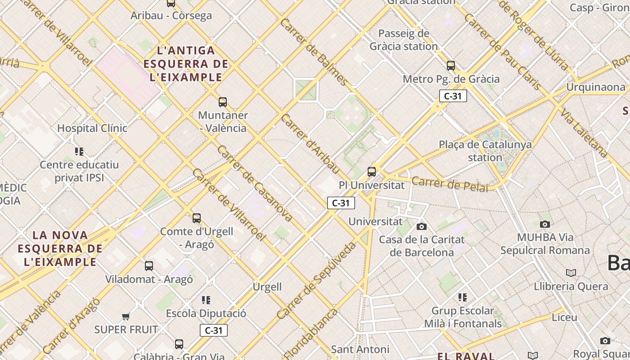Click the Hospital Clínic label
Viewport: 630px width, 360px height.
pyautogui.click(x=92, y=128)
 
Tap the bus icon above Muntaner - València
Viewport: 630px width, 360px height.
pyautogui.click(x=223, y=102)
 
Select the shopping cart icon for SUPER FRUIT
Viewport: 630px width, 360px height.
pyautogui.click(x=126, y=317)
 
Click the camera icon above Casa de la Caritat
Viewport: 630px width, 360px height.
pyautogui.click(x=421, y=226)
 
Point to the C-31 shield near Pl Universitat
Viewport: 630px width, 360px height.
pyautogui.click(x=341, y=203)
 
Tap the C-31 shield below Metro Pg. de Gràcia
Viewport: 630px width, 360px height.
pyautogui.click(x=453, y=96)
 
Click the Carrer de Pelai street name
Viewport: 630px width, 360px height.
pyautogui.click(x=450, y=184)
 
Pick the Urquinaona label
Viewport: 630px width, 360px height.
pyautogui.click(x=595, y=87)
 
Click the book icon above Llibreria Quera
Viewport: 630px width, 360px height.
pyautogui.click(x=571, y=273)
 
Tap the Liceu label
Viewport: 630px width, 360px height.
pyautogui.click(x=564, y=317)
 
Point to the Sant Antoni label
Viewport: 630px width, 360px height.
pyautogui.click(x=360, y=349)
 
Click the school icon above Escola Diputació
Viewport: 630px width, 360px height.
pyautogui.click(x=206, y=300)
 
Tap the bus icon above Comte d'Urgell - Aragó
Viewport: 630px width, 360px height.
pyautogui.click(x=197, y=218)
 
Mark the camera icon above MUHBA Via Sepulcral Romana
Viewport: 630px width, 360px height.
pyautogui.click(x=545, y=224)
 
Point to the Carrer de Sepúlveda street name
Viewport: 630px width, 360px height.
pyautogui.click(x=316, y=281)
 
